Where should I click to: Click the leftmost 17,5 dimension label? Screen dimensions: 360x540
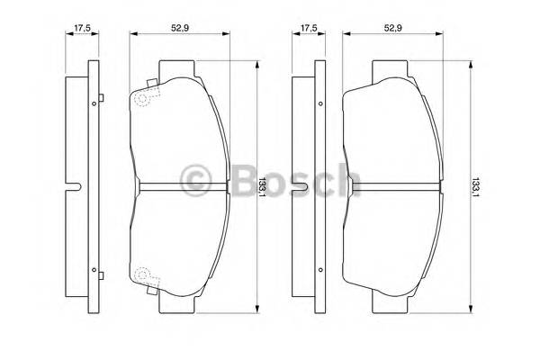(x=82, y=27)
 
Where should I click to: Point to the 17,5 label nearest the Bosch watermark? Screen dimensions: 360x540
(x=308, y=27)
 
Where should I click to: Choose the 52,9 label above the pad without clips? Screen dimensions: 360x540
(x=391, y=27)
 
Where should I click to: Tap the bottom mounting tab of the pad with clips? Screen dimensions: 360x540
(x=178, y=303)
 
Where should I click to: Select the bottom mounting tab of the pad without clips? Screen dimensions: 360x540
(x=392, y=303)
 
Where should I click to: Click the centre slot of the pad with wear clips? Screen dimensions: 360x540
(x=180, y=187)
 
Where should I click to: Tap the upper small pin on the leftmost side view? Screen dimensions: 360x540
(x=94, y=104)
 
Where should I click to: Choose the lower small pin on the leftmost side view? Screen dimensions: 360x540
(x=94, y=268)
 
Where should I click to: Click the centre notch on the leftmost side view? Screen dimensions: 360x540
(x=76, y=187)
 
